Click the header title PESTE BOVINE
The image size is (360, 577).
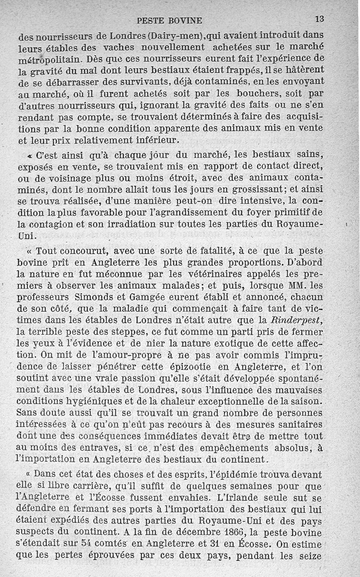click(x=169, y=20)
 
